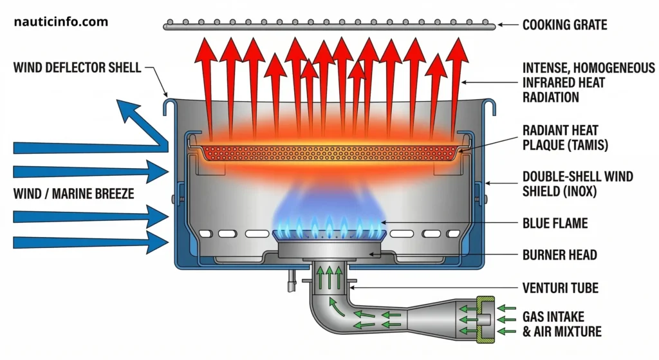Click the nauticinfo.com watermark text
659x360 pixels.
61,22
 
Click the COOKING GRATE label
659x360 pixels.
564,26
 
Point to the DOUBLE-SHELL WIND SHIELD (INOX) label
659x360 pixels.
577,184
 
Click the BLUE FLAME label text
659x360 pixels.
555,224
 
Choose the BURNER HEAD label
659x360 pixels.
559,255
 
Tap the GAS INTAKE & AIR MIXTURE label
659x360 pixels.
562,325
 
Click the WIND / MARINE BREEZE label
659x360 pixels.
73,193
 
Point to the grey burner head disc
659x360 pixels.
328,249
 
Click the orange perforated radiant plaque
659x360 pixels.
328,153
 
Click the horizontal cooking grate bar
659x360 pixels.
328,26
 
